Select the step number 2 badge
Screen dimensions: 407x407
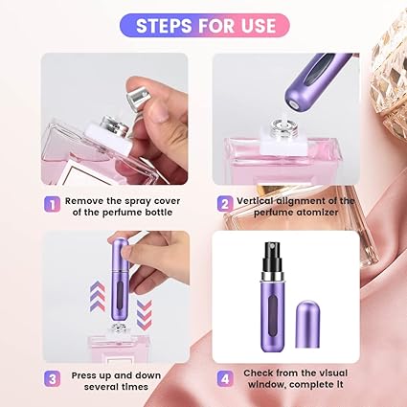(x=224, y=203)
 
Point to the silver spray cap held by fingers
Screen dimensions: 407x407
(x=135, y=93)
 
